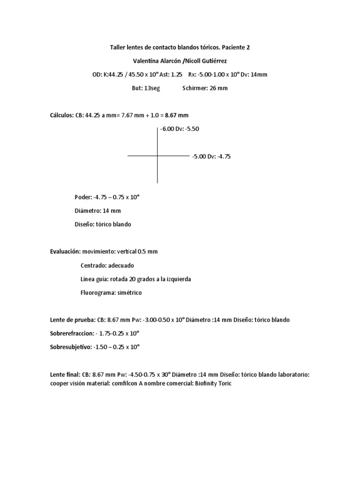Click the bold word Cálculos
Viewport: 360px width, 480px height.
61,115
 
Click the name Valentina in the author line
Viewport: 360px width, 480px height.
149,61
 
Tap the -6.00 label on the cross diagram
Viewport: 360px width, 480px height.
168,129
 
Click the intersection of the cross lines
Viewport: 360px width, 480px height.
157,155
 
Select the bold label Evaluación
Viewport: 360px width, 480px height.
65,252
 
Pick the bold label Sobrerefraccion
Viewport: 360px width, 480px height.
72,334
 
